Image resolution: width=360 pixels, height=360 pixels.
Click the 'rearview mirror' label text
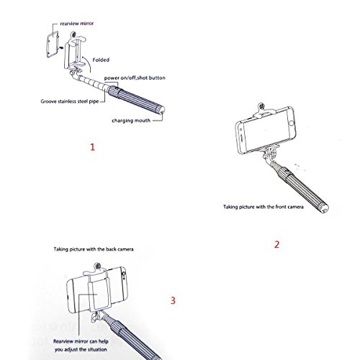77,24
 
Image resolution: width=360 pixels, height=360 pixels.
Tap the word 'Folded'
101,60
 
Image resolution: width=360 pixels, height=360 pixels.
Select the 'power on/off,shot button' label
135,78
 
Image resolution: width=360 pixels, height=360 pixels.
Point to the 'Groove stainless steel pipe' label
70,102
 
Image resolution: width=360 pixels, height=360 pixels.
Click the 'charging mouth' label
131,120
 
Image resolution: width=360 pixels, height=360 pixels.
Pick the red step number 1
93,147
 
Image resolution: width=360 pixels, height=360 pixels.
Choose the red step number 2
276,244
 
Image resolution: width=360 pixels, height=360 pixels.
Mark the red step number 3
173,300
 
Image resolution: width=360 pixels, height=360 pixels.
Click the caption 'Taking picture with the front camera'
264,207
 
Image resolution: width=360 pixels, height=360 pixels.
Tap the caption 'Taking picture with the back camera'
94,249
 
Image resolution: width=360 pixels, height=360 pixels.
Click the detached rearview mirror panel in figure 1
53,44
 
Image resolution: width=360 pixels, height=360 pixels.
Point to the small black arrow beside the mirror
62,48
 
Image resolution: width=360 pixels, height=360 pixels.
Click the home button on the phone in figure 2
292,123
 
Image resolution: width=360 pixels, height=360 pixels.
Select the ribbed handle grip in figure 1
136,100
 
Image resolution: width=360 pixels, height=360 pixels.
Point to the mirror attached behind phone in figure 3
99,296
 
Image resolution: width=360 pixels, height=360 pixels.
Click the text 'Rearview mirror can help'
81,341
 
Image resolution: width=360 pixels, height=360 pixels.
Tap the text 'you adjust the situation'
81,349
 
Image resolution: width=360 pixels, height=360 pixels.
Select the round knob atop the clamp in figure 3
97,266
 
